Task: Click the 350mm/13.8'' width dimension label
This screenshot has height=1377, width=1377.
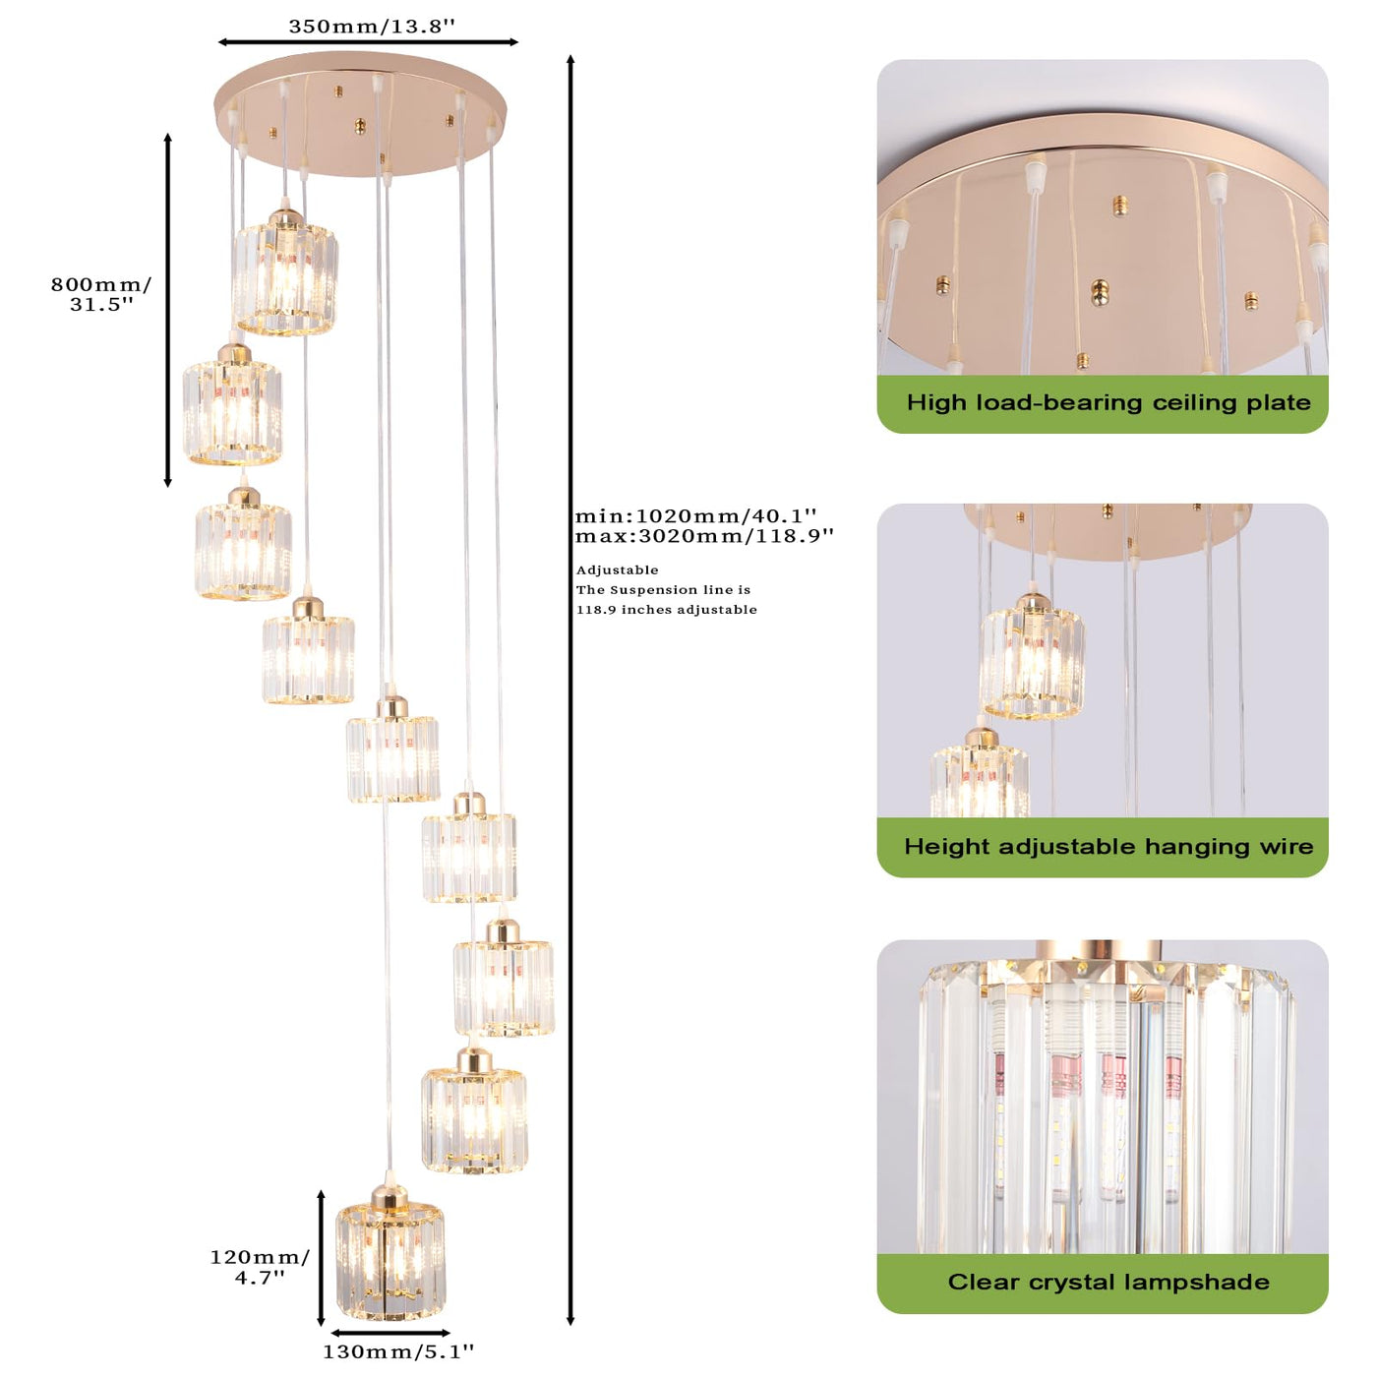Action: tap(371, 27)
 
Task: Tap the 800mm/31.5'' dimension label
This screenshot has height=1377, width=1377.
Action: tap(100, 294)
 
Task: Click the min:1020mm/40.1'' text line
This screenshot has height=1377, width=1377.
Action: tap(695, 515)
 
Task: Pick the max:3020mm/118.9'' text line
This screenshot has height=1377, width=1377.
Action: tap(704, 535)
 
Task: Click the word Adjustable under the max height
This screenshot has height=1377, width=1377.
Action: tap(618, 569)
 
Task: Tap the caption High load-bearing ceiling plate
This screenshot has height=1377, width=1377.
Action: tap(1108, 402)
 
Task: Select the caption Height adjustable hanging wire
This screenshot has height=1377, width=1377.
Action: tap(1108, 846)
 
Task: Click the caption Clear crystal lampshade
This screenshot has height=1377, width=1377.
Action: tap(1108, 1282)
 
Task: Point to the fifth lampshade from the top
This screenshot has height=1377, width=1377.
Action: tap(392, 750)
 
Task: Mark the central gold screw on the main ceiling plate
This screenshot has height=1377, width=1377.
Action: tap(360, 126)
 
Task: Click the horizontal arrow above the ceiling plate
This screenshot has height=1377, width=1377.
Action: tap(368, 42)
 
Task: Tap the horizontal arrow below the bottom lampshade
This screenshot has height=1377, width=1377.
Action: tap(390, 1333)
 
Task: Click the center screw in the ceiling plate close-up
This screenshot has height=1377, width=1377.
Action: tap(1100, 291)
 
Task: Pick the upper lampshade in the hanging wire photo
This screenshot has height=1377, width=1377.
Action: tap(1032, 657)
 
